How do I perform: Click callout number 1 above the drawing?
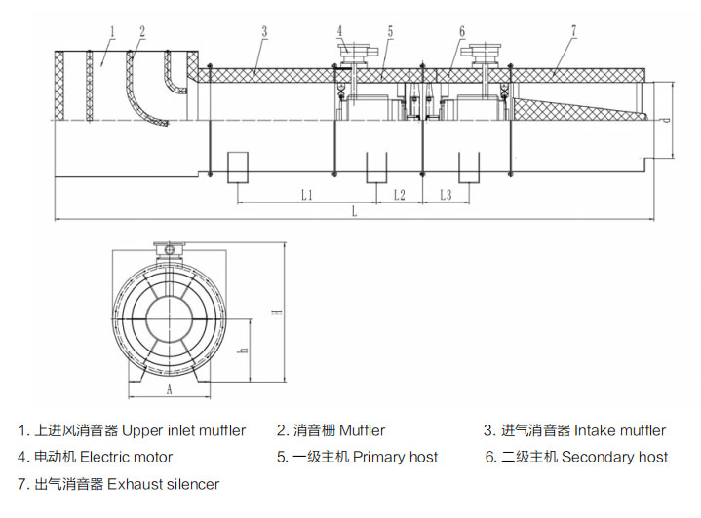click(x=113, y=31)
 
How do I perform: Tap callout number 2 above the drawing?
click(x=142, y=31)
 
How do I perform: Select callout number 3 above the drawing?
click(x=264, y=31)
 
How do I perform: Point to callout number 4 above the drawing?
click(x=340, y=31)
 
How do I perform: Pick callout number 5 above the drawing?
click(x=389, y=31)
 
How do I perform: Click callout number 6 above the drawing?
click(x=461, y=31)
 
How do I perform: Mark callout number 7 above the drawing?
click(x=573, y=31)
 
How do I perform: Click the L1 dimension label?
click(x=305, y=195)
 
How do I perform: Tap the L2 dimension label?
click(x=399, y=195)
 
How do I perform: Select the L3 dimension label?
click(x=445, y=195)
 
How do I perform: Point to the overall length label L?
click(x=354, y=210)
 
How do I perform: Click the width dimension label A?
click(x=169, y=388)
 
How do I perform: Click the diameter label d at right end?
click(x=663, y=120)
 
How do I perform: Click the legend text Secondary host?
click(x=614, y=457)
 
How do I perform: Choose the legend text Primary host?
click(x=395, y=457)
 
